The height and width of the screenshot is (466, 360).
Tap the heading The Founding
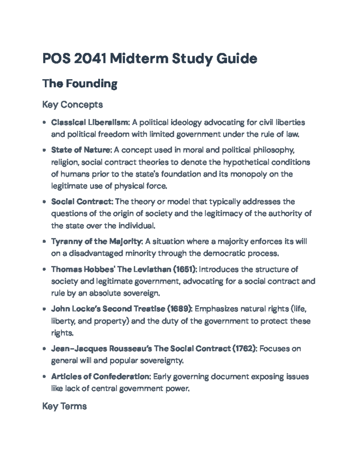coord(79,83)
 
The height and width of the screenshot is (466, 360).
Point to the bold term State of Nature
coord(81,150)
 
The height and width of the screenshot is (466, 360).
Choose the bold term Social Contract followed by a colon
coord(82,201)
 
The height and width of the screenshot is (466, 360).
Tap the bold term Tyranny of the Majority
coord(96,241)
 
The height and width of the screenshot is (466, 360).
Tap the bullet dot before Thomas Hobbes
coord(44,269)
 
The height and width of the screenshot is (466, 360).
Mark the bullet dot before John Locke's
coord(44,309)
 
